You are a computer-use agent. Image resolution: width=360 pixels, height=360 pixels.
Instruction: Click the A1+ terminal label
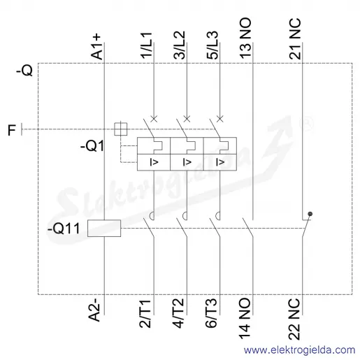click(x=96, y=47)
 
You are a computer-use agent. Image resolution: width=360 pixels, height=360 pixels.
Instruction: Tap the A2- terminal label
click(x=95, y=310)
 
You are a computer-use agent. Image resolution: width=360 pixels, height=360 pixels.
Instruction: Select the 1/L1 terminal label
click(x=146, y=45)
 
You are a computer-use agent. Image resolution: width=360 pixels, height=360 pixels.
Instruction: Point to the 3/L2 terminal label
click(x=179, y=45)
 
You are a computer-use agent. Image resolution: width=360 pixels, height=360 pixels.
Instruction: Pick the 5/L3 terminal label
click(x=212, y=45)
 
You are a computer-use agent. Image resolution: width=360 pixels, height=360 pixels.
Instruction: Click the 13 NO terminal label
click(x=245, y=38)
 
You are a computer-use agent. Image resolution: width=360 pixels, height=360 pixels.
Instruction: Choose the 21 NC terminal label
click(x=295, y=38)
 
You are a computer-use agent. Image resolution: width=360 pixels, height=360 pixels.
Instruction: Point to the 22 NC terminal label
click(x=294, y=319)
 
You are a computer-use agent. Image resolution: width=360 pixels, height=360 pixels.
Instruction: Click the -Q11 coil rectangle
click(x=104, y=229)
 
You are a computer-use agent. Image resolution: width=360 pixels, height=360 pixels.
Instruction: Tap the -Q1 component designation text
click(x=92, y=146)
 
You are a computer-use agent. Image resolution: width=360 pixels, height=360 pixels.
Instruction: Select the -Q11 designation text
click(x=64, y=229)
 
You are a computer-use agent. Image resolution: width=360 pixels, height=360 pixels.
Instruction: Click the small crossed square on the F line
click(x=121, y=129)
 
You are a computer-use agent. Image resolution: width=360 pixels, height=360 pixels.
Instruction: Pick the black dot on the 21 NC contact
click(x=310, y=214)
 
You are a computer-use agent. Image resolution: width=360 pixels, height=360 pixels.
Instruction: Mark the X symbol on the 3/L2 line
click(x=187, y=119)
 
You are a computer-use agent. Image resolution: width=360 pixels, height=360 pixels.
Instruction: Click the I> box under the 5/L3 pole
click(x=220, y=162)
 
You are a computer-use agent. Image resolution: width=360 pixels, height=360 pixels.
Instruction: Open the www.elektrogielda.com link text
click(x=299, y=350)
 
